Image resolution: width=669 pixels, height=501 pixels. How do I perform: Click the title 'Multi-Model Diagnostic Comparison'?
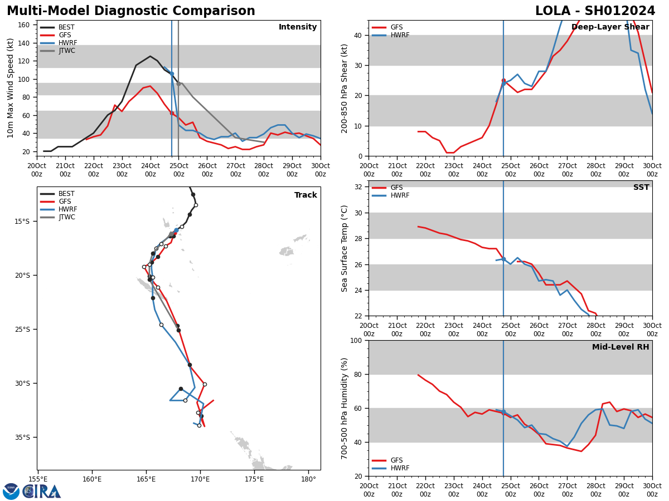click(131, 11)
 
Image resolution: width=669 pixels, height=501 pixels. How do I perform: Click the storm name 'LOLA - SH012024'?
click(595, 11)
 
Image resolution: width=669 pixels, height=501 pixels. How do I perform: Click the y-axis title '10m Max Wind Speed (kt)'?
click(11, 88)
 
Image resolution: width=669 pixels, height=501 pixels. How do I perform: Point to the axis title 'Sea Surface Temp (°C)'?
click(345, 248)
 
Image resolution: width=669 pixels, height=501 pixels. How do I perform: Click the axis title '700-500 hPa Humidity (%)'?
click(345, 408)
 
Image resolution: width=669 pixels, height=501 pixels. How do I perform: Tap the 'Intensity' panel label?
click(298, 27)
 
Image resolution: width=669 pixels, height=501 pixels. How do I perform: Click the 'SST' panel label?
click(641, 188)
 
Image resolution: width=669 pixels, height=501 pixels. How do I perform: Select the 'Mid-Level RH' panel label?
click(620, 347)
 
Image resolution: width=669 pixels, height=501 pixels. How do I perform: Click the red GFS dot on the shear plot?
click(503, 81)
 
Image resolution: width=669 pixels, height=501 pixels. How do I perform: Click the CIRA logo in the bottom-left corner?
click(32, 492)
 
